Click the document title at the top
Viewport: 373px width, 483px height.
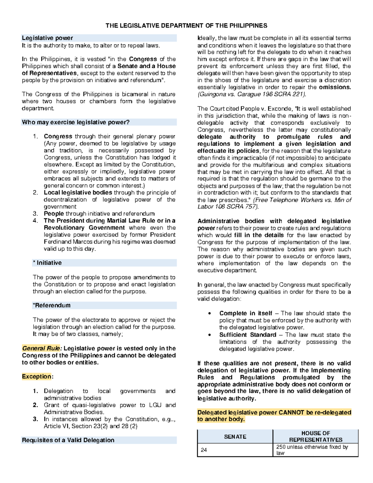(x=186, y=26)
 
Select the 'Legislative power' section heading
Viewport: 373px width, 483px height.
(x=47, y=38)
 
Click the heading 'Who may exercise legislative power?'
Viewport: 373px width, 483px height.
(x=76, y=122)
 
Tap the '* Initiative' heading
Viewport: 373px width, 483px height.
(x=47, y=263)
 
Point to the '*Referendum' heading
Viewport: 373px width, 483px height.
(x=52, y=305)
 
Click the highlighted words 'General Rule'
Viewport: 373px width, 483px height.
(x=41, y=348)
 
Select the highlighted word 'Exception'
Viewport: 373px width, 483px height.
(x=36, y=377)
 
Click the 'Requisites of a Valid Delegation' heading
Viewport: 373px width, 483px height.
(x=68, y=440)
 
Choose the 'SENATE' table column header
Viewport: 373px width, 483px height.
(x=235, y=437)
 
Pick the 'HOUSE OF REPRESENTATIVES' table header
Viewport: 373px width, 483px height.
(x=315, y=437)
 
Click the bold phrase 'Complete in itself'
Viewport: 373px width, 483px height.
(x=246, y=313)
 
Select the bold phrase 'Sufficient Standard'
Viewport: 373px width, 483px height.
(x=247, y=335)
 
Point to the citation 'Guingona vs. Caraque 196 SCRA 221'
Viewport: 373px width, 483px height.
(x=252, y=94)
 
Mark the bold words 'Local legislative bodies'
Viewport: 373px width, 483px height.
(x=78, y=193)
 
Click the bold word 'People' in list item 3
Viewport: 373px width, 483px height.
(x=54, y=214)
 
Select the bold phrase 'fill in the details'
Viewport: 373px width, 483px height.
(x=259, y=235)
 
